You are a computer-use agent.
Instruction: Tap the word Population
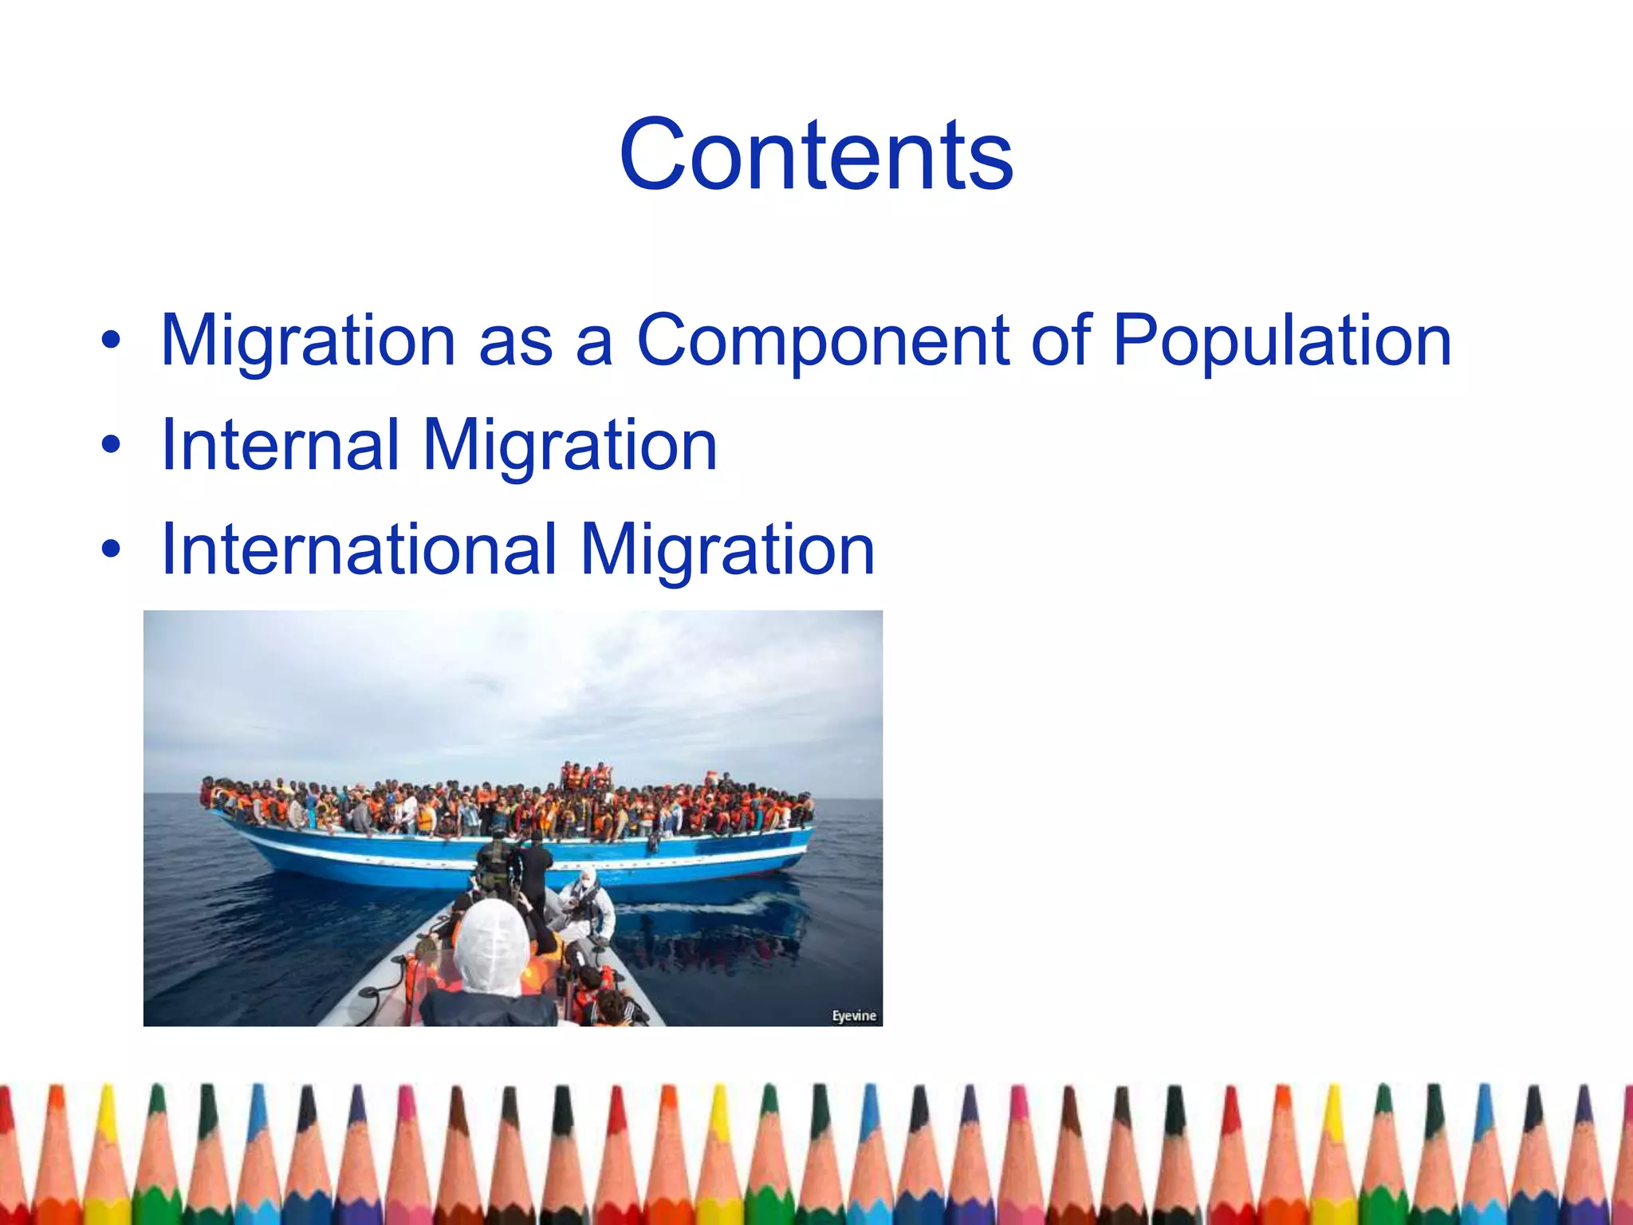point(1282,341)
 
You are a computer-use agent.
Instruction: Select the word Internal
point(279,445)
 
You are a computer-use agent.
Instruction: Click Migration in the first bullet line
point(308,341)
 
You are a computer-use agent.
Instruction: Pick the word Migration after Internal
point(570,445)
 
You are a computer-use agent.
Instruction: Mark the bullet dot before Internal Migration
point(111,445)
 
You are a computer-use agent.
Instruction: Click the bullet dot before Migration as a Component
point(111,341)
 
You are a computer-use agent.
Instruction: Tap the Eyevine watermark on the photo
point(854,1015)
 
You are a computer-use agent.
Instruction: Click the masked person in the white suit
point(586,901)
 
